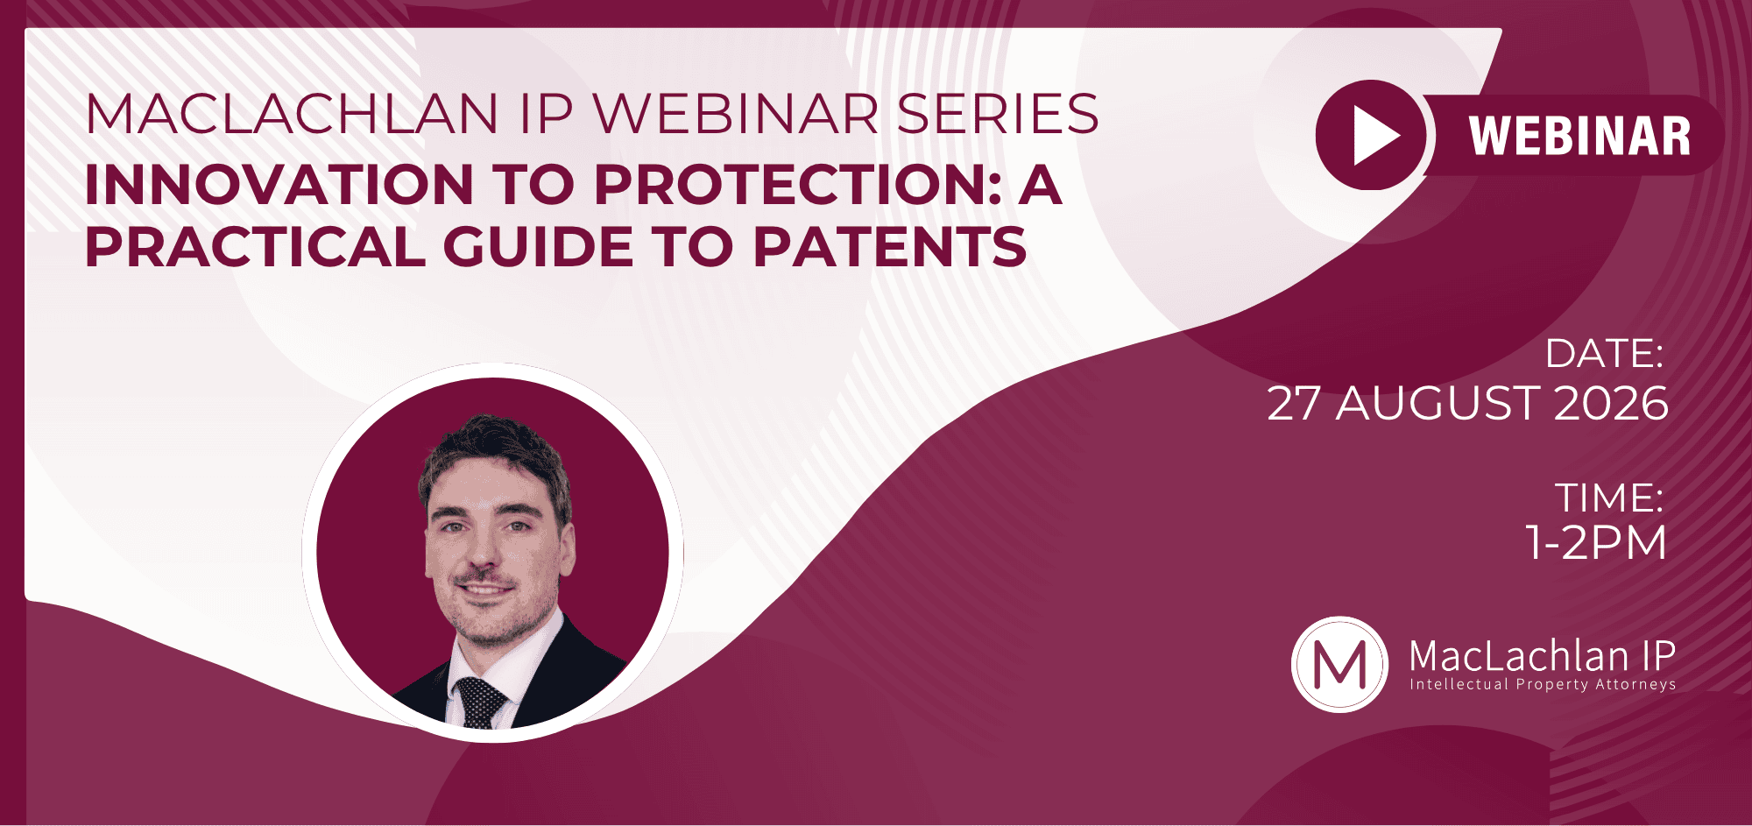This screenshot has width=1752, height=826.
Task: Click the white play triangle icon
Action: tap(1374, 136)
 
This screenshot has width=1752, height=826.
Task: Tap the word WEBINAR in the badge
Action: tap(1580, 136)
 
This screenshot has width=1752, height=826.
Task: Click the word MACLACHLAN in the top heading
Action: tap(292, 114)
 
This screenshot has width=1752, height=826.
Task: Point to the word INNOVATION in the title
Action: tap(279, 185)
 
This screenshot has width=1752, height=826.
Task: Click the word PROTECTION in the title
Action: tap(797, 185)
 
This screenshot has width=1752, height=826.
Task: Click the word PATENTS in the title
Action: tap(890, 247)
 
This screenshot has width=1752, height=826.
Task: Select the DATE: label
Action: tap(1604, 354)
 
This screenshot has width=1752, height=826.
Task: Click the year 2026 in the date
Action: tap(1611, 404)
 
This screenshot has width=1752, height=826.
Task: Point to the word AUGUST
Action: tap(1438, 404)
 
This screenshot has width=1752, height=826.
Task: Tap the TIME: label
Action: tap(1609, 498)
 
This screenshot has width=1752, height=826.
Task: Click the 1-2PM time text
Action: tap(1596, 542)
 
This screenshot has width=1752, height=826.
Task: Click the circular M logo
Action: tap(1339, 664)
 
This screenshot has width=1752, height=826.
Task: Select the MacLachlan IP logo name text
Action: tap(1543, 656)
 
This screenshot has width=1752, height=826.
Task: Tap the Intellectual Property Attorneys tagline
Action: tap(1543, 684)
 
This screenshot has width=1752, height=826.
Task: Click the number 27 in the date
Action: tap(1294, 404)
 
